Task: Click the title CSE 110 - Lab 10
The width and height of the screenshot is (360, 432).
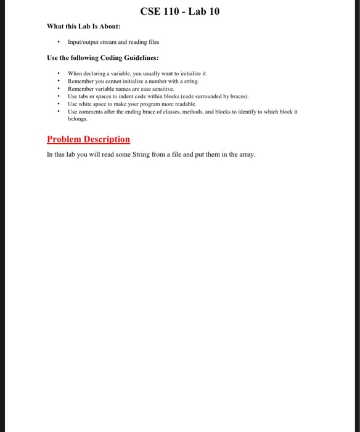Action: point(180,12)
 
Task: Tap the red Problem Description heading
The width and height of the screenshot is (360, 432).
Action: point(89,139)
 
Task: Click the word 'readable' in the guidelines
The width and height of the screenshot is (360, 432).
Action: point(189,104)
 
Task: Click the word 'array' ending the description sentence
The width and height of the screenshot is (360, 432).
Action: point(245,154)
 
